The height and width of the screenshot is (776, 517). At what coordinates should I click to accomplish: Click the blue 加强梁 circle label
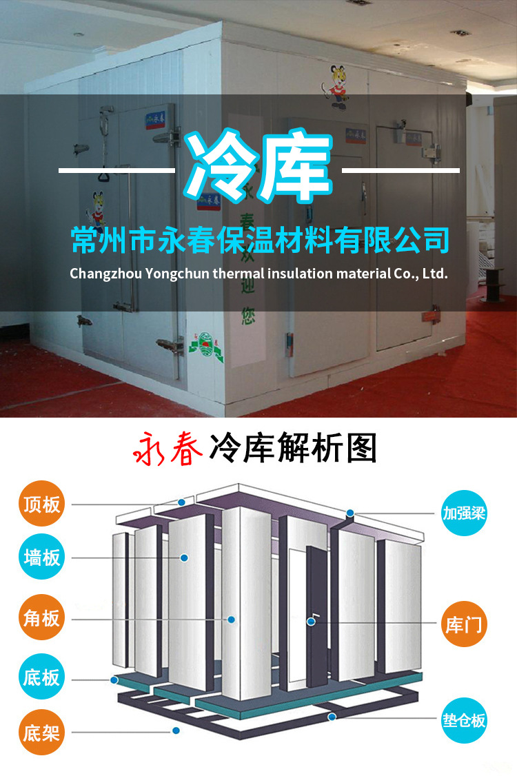[x=464, y=513]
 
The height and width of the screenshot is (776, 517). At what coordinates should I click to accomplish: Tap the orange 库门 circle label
[x=464, y=624]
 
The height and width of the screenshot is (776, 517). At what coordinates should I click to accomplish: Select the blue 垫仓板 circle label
[x=464, y=720]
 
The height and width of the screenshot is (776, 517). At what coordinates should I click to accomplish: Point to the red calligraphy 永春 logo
[x=165, y=449]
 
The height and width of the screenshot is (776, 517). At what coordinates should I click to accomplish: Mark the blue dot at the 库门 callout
[x=312, y=622]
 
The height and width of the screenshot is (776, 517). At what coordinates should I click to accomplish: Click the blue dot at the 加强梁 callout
[x=350, y=513]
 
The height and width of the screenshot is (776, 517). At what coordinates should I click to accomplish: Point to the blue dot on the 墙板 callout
[x=185, y=557]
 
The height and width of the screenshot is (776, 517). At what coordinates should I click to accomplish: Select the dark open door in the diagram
[x=318, y=606]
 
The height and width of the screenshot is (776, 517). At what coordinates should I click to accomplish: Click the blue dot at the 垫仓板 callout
[x=332, y=717]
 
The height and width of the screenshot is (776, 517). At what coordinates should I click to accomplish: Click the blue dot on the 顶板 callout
[x=181, y=502]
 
